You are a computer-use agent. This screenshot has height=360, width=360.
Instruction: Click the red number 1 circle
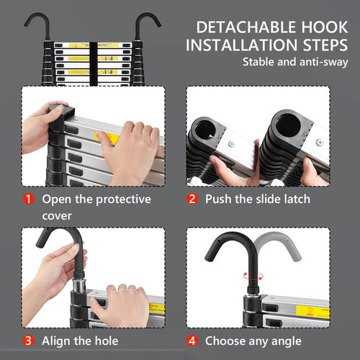click(29, 199)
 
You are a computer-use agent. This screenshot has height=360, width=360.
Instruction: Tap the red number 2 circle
click(192, 199)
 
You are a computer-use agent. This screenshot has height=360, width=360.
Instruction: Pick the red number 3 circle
click(29, 341)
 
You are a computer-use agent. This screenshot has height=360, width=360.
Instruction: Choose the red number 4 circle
click(192, 341)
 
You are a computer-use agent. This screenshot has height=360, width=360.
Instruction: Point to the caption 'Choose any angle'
click(253, 341)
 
